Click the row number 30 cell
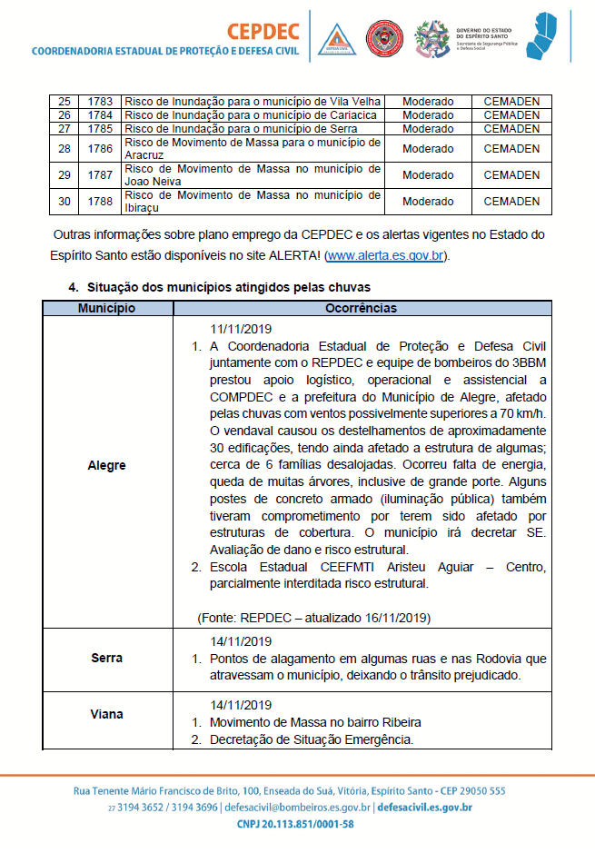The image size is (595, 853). (x=64, y=202)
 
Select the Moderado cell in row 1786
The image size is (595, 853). (x=428, y=149)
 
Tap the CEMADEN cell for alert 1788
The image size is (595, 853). (x=511, y=202)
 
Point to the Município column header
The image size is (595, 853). (x=107, y=309)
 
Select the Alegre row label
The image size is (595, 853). (x=107, y=465)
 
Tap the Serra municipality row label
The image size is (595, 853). (x=107, y=658)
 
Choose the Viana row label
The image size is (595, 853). (x=107, y=714)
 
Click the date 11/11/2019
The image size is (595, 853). (x=242, y=329)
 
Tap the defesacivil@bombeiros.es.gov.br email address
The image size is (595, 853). (x=296, y=808)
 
